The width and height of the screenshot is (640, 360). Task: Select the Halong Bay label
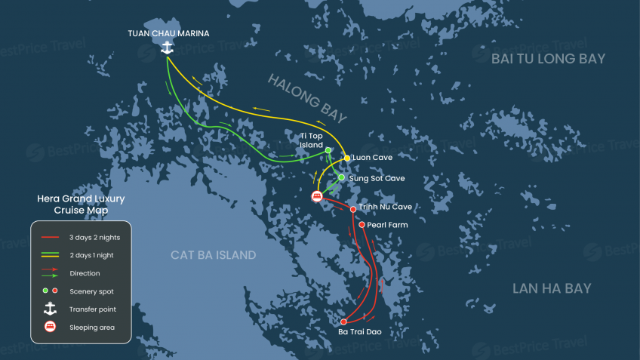[306, 97]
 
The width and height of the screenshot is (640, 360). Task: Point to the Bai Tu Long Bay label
[548, 59]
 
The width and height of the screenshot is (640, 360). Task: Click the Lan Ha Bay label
[552, 288]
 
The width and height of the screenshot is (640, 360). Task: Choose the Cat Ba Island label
[214, 255]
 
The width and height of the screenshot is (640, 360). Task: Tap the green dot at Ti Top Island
[328, 150]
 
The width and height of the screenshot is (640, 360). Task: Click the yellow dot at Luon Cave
[347, 158]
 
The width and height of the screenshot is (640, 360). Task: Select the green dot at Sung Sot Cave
[341, 178]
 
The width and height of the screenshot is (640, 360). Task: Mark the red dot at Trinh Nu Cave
[353, 209]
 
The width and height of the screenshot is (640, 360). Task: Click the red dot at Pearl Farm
[362, 225]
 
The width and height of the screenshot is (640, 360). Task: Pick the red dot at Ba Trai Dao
[343, 322]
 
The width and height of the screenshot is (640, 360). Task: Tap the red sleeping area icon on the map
[318, 196]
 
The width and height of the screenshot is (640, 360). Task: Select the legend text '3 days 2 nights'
[94, 237]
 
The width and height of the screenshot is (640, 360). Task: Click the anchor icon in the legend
[50, 309]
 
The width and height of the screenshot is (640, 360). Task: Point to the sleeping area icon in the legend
[50, 327]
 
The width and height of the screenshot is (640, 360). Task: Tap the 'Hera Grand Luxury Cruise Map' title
[81, 205]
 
